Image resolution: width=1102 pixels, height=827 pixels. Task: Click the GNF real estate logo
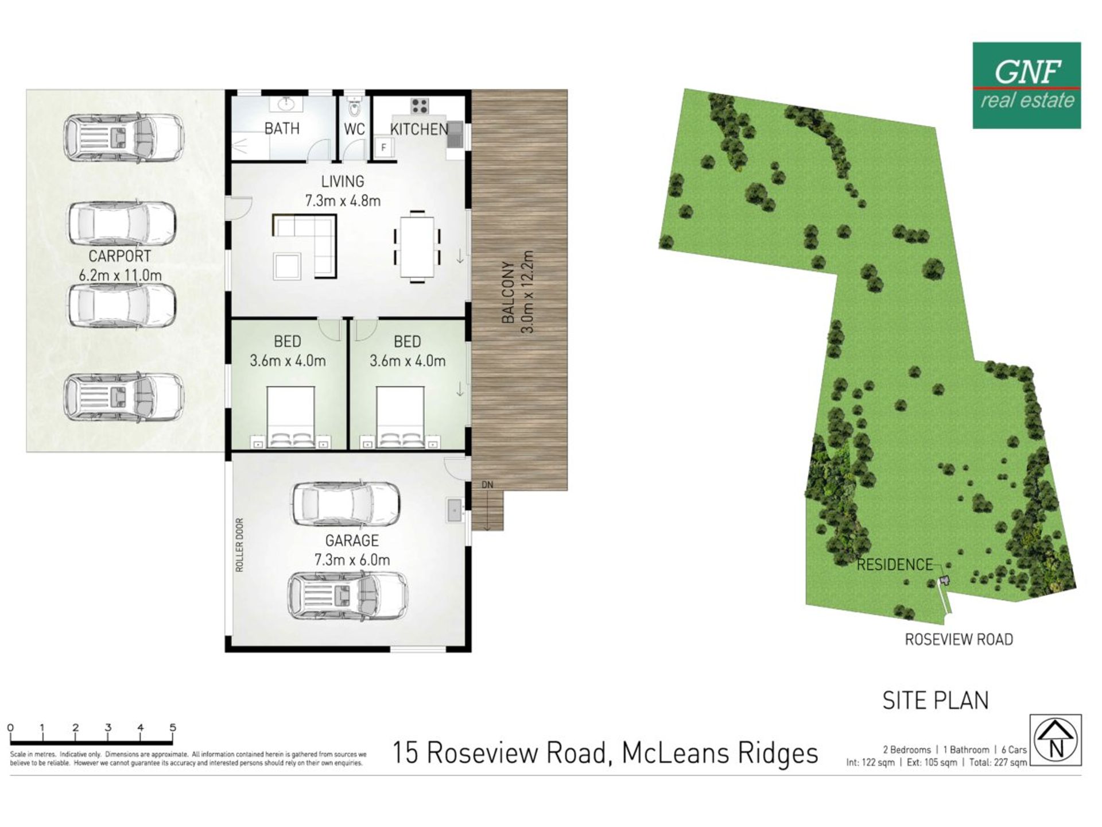click(1027, 86)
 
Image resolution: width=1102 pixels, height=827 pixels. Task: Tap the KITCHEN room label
click(419, 130)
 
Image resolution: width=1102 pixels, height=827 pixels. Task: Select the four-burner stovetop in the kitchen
click(420, 106)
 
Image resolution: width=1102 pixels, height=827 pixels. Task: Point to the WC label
click(354, 129)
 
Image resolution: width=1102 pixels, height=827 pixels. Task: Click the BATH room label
click(282, 129)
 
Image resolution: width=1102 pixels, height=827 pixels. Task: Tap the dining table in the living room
click(417, 246)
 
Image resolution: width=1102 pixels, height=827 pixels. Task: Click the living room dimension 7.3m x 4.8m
click(342, 201)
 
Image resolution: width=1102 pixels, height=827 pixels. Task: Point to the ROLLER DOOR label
click(239, 545)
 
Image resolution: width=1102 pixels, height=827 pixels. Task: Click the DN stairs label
click(487, 485)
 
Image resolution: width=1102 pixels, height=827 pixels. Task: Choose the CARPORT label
click(119, 256)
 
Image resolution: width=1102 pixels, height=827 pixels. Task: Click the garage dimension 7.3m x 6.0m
click(352, 560)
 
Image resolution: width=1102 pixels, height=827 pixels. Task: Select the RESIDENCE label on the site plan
click(895, 565)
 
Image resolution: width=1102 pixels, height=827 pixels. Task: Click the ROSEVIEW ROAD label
click(959, 639)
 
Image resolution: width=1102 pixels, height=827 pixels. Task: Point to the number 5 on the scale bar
click(173, 727)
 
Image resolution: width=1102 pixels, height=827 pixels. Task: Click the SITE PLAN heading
click(936, 701)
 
